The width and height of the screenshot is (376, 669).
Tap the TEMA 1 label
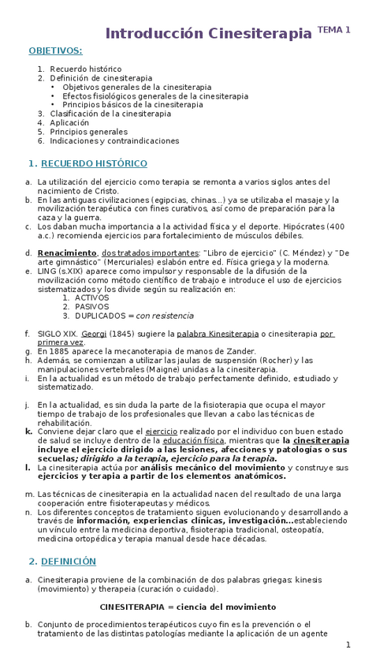[334, 29]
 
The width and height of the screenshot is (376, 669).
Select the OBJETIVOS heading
[55, 50]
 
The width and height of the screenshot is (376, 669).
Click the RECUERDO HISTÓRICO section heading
[94, 163]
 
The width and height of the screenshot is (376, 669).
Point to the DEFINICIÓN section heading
[69, 561]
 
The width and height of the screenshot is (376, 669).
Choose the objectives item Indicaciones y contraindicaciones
[114, 140]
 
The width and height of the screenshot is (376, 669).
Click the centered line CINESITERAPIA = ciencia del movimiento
[188, 607]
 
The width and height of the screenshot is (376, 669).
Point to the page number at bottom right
[348, 645]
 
